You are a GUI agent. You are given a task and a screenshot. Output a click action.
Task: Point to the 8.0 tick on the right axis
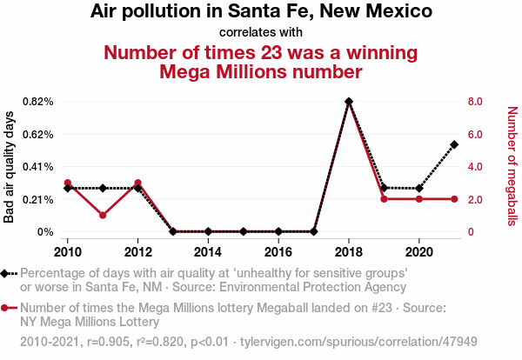[474, 102]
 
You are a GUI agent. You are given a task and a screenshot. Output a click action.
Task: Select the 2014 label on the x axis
[208, 251]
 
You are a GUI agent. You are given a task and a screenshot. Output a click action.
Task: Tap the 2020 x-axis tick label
[418, 251]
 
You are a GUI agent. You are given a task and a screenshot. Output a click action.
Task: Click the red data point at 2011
[103, 215]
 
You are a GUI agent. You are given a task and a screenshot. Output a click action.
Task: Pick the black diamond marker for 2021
[454, 144]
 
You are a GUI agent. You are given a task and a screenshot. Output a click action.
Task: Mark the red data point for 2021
[454, 199]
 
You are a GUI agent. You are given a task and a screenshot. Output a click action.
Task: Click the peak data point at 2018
[349, 102]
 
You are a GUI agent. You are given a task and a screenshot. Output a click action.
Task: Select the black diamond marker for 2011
[103, 188]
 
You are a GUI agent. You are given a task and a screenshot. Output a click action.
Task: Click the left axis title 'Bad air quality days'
[10, 167]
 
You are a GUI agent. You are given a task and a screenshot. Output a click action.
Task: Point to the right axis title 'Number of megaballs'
[512, 167]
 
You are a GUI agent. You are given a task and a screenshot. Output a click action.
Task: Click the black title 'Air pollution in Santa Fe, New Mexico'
[261, 13]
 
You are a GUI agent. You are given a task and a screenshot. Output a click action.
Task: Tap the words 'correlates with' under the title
[261, 33]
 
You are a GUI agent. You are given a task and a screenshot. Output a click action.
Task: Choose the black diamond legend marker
[7, 273]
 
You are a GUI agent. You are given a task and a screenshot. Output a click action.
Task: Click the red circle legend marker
[7, 307]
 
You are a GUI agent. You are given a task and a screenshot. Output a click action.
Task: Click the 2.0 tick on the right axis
[474, 199]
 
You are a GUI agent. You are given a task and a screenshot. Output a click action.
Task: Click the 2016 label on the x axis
[278, 251]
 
